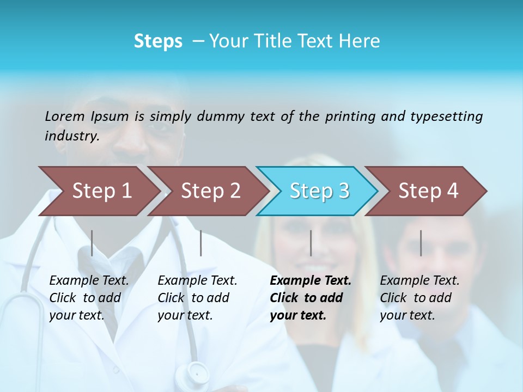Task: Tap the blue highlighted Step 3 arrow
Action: [x=319, y=191]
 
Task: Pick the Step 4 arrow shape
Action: [x=428, y=191]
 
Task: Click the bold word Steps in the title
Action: [x=158, y=41]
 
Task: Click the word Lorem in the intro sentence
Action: [x=65, y=116]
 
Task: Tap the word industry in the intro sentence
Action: [x=71, y=136]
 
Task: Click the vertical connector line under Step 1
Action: [x=92, y=243]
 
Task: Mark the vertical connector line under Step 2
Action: [x=201, y=243]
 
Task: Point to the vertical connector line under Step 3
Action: [x=311, y=243]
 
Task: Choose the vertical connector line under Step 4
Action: [x=421, y=243]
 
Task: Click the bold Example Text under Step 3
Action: [x=311, y=280]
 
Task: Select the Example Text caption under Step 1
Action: [x=89, y=280]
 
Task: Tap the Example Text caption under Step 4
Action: [x=419, y=280]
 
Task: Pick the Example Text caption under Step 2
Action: [x=197, y=280]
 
